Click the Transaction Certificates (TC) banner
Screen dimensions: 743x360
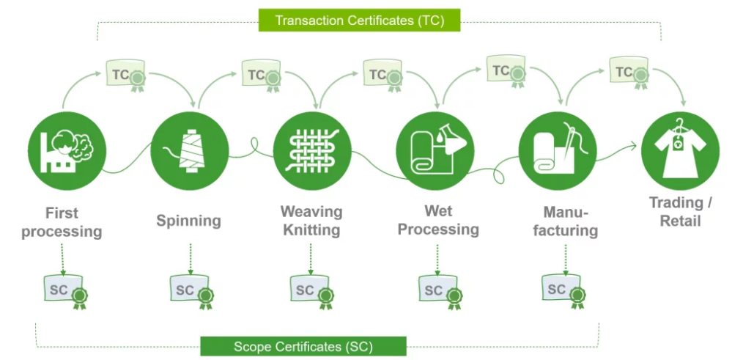point(359,21)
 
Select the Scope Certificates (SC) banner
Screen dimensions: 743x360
point(303,346)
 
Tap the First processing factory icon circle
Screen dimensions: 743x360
point(67,151)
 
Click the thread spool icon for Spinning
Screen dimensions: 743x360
point(190,151)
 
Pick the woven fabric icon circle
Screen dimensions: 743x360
point(312,151)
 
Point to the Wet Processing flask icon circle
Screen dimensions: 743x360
point(435,151)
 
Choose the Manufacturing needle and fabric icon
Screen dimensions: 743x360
point(558,151)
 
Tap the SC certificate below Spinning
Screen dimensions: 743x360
point(192,292)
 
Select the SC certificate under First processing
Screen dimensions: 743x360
point(66,292)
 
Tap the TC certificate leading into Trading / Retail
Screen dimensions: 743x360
point(629,73)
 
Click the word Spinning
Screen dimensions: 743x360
point(188,221)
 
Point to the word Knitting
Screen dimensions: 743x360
point(312,231)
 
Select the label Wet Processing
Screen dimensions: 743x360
point(438,220)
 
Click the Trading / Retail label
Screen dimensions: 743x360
point(681,212)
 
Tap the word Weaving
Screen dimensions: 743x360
point(312,212)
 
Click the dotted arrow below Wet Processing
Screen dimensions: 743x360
point(437,260)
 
